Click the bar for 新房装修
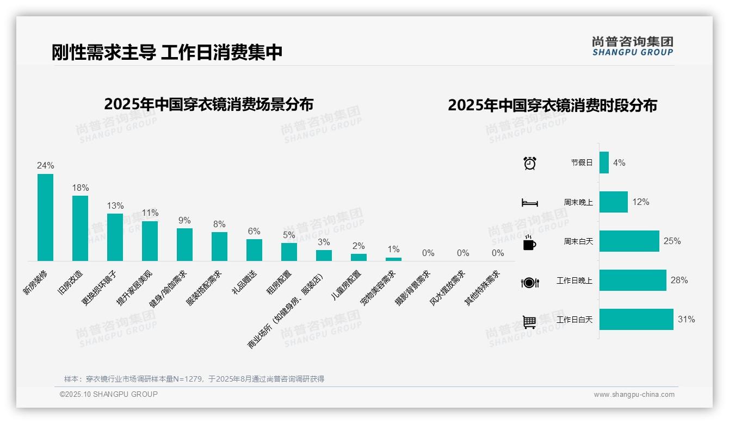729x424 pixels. [45, 217]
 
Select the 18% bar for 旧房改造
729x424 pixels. [80, 228]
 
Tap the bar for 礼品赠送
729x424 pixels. [254, 250]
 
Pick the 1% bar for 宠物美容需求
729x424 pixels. [393, 259]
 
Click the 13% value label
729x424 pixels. [115, 206]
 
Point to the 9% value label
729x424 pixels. [184, 221]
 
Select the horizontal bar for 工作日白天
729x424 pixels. [636, 320]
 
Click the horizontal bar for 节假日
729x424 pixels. [604, 163]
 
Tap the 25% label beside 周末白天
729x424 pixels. [672, 241]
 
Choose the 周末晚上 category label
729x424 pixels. [578, 202]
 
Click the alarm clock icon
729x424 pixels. [530, 163]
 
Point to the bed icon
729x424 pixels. [530, 203]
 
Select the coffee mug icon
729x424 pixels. [529, 243]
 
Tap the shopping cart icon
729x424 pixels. [529, 322]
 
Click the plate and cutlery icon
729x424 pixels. [530, 283]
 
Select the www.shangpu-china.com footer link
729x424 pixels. [634, 395]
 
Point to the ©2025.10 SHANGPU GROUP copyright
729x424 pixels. [109, 394]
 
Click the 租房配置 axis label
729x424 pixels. [279, 283]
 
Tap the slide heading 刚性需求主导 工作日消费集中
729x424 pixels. [167, 53]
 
